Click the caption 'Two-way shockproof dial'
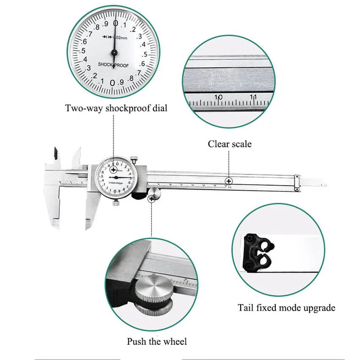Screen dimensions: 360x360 coord(116,108)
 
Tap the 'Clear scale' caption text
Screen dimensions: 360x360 coord(229,144)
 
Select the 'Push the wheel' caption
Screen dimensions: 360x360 coord(157,341)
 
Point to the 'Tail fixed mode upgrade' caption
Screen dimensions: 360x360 coord(286,307)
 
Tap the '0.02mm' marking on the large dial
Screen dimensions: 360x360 coord(119,38)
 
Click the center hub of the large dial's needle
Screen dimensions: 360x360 coord(114,53)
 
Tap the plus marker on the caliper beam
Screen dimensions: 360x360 coord(229,181)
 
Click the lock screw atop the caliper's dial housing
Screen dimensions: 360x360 coord(134,160)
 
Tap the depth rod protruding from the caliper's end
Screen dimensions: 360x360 coord(316,183)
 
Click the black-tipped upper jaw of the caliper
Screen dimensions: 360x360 coord(55,154)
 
